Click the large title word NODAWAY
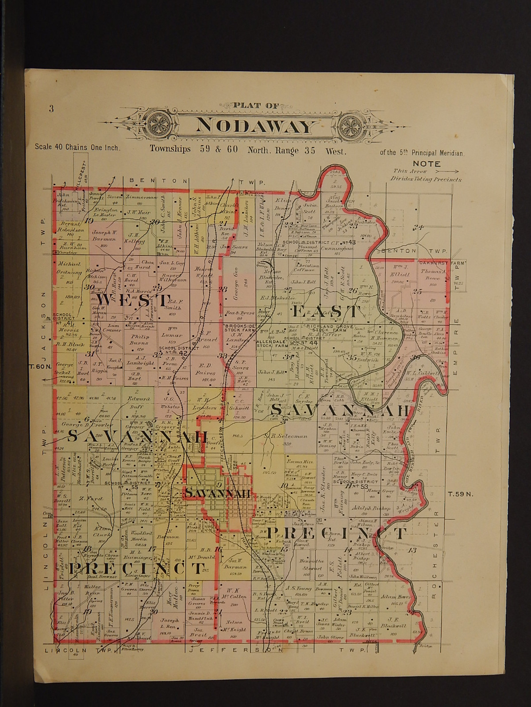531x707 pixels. tap(254, 126)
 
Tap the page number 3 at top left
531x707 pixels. tap(51, 109)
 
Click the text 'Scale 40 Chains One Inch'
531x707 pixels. tap(77, 148)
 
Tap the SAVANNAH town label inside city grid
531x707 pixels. tap(218, 493)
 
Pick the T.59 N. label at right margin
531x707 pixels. tap(460, 494)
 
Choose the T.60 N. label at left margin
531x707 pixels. tap(41, 366)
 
